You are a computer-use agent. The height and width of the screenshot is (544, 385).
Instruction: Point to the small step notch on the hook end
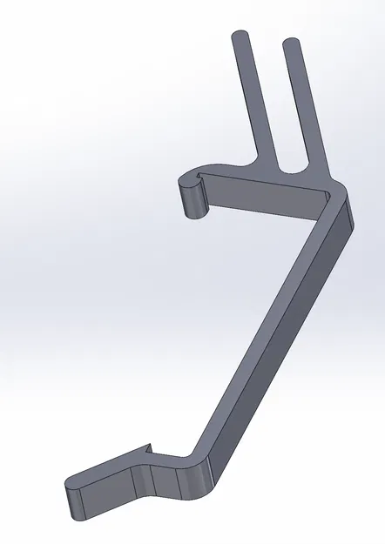(201, 178)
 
